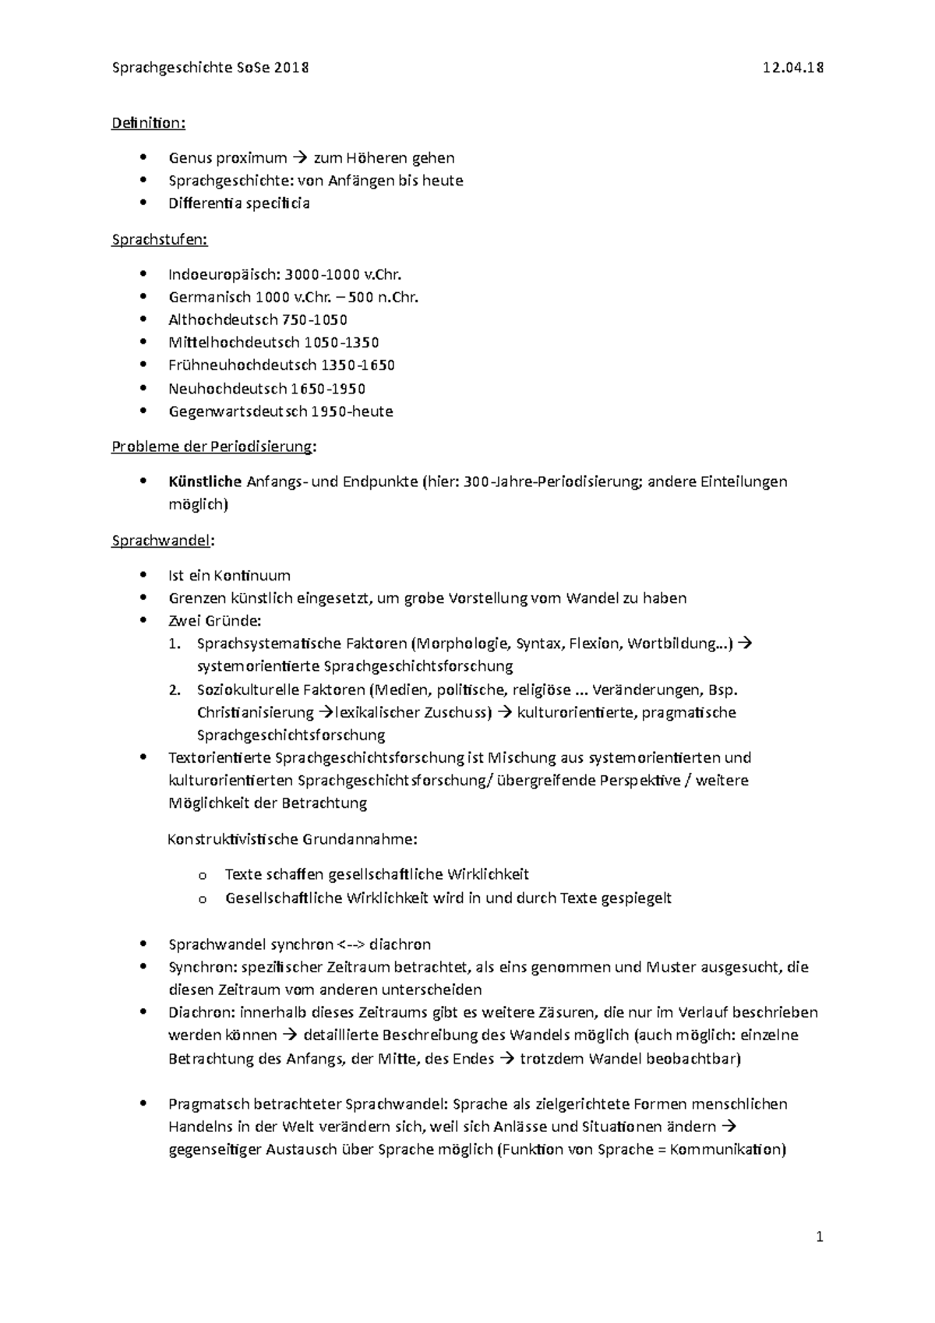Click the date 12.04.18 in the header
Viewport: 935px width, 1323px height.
click(x=792, y=68)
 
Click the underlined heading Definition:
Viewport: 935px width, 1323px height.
click(x=149, y=123)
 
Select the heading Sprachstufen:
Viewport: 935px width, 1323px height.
click(x=160, y=239)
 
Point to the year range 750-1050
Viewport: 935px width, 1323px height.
click(x=315, y=319)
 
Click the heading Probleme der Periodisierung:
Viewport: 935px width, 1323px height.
click(x=214, y=446)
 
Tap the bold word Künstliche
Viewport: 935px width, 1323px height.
click(x=205, y=482)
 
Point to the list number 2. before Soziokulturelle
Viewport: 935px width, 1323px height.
click(x=175, y=690)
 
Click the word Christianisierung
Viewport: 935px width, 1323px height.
click(x=255, y=712)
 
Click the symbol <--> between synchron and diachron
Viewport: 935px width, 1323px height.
click(x=351, y=944)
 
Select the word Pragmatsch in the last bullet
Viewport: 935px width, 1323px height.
click(x=206, y=1104)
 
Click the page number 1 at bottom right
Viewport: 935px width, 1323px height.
click(x=819, y=1237)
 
